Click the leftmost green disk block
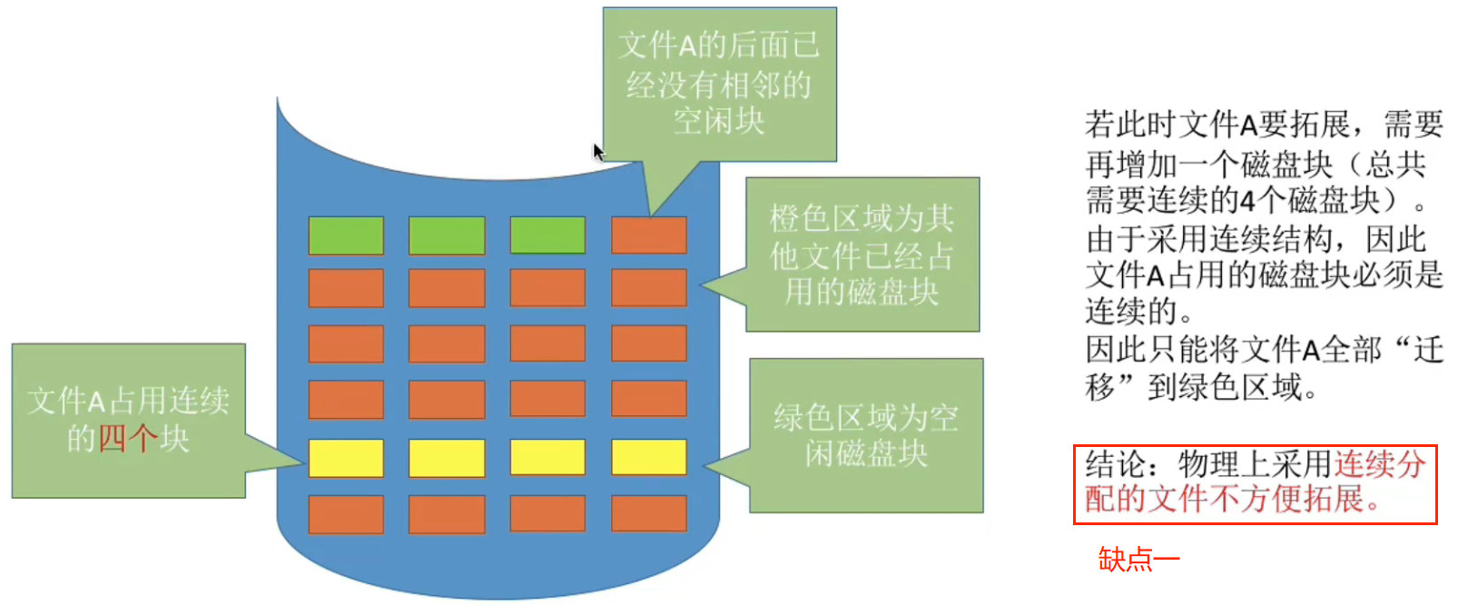(x=346, y=235)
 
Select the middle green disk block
(x=447, y=235)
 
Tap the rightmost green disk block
(x=547, y=235)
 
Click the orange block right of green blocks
(x=648, y=235)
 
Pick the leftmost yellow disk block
(x=346, y=458)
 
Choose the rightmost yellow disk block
(x=648, y=458)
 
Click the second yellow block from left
(x=447, y=458)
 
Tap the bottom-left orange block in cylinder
(x=346, y=514)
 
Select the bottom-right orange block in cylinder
(x=648, y=514)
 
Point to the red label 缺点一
(x=1138, y=559)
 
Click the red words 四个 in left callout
(x=127, y=439)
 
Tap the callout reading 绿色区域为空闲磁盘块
(x=866, y=435)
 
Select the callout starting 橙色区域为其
(x=862, y=254)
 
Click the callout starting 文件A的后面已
(x=719, y=84)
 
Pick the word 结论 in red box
(x=1116, y=464)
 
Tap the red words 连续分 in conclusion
(x=1380, y=464)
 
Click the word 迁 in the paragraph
(x=1428, y=349)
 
